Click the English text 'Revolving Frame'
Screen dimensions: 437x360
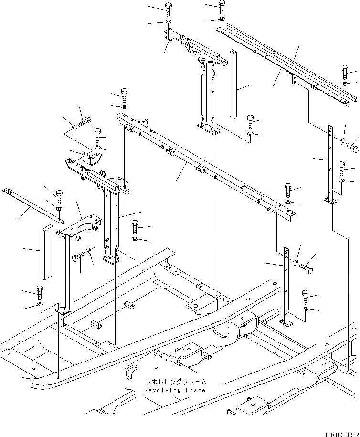(x=174, y=390)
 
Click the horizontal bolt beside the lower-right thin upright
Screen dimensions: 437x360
(x=306, y=269)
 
